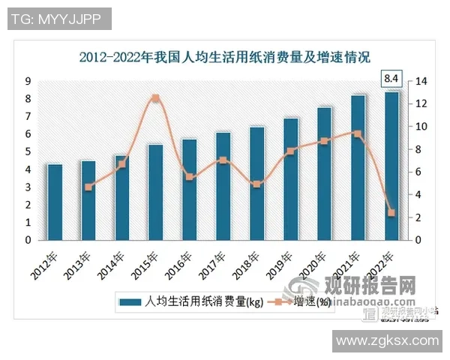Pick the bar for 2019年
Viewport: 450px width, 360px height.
click(x=291, y=178)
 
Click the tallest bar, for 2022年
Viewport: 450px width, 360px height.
click(x=391, y=166)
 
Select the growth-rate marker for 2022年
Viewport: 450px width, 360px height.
click(x=391, y=213)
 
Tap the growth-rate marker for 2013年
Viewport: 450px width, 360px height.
click(x=88, y=187)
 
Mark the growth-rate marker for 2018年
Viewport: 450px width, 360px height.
click(x=257, y=184)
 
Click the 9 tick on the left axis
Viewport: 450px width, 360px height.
click(x=28, y=81)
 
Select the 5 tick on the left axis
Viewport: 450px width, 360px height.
click(x=28, y=151)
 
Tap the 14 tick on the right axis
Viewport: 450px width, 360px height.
click(x=421, y=81)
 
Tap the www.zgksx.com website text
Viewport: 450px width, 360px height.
click(x=387, y=341)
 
